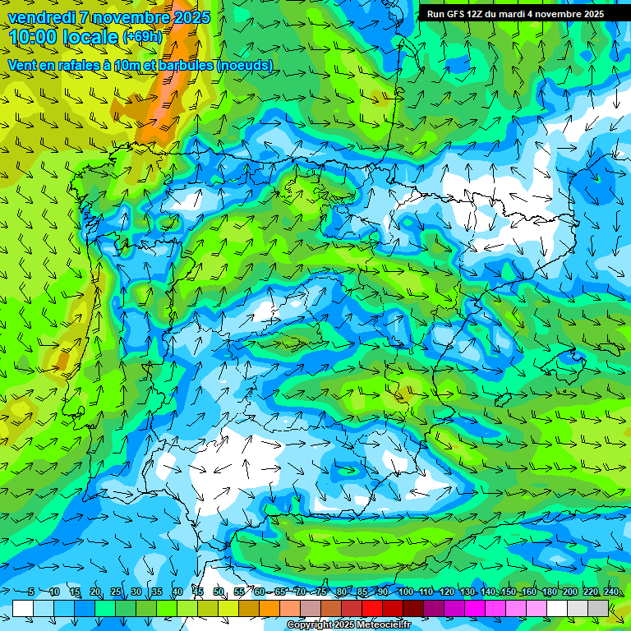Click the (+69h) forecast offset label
143,37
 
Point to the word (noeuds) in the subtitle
245,66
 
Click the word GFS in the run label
455,14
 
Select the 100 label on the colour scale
406,592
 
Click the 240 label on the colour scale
611,592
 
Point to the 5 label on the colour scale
30,592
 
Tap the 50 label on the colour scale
219,592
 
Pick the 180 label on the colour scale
550,592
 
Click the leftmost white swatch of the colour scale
23,608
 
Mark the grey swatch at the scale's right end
598,608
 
